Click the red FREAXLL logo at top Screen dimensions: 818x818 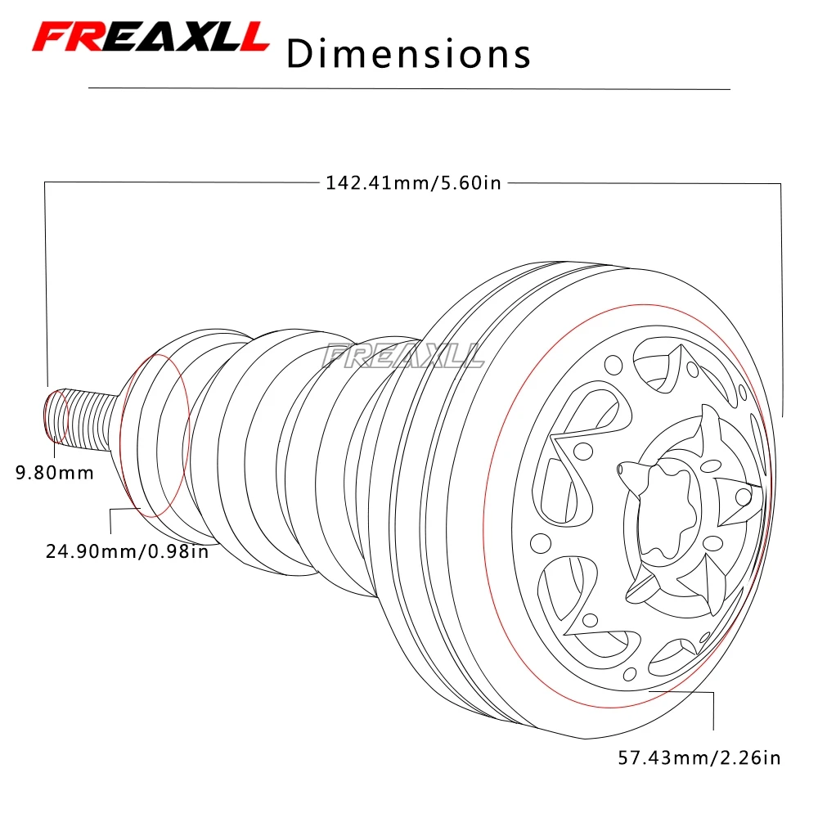151,37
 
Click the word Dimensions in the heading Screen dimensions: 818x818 408,54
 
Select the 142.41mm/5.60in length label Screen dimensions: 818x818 413,183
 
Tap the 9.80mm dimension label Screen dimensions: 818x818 55,473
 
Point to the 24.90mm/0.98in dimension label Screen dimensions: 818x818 128,551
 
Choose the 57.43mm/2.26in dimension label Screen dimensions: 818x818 699,757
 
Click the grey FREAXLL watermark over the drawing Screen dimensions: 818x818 402,356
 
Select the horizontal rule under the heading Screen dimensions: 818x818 409,88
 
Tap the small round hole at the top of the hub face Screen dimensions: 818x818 613,365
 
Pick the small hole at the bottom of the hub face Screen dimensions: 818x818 630,674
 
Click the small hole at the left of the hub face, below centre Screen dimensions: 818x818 541,543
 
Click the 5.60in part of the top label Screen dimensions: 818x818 471,183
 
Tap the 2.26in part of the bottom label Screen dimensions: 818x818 751,757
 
